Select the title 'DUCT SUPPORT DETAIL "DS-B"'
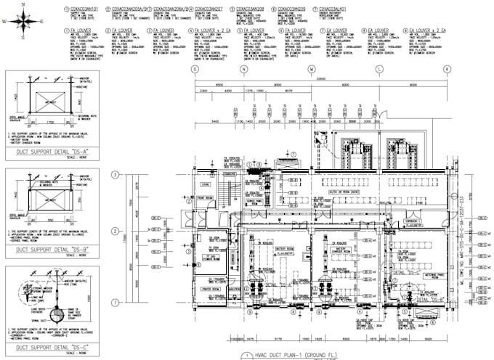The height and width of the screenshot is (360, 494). click(49, 249)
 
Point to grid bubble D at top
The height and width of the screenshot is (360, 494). click(194, 69)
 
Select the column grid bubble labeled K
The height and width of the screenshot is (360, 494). click(446, 69)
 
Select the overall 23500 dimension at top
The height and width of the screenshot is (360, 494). click(320, 80)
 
